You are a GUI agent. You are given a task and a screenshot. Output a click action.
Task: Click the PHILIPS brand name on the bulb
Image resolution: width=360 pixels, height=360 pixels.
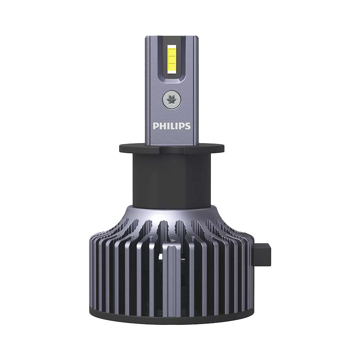[x=172, y=126]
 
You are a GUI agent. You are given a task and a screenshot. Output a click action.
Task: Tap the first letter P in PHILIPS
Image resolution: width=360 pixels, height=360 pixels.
[x=156, y=126]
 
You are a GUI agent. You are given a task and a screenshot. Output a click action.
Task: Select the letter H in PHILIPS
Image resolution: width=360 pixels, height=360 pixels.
[x=162, y=126]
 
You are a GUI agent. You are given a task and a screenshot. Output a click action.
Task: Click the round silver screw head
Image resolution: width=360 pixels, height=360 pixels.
[x=170, y=99]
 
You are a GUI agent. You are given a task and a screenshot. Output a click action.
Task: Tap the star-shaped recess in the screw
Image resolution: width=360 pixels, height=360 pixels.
[x=170, y=99]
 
